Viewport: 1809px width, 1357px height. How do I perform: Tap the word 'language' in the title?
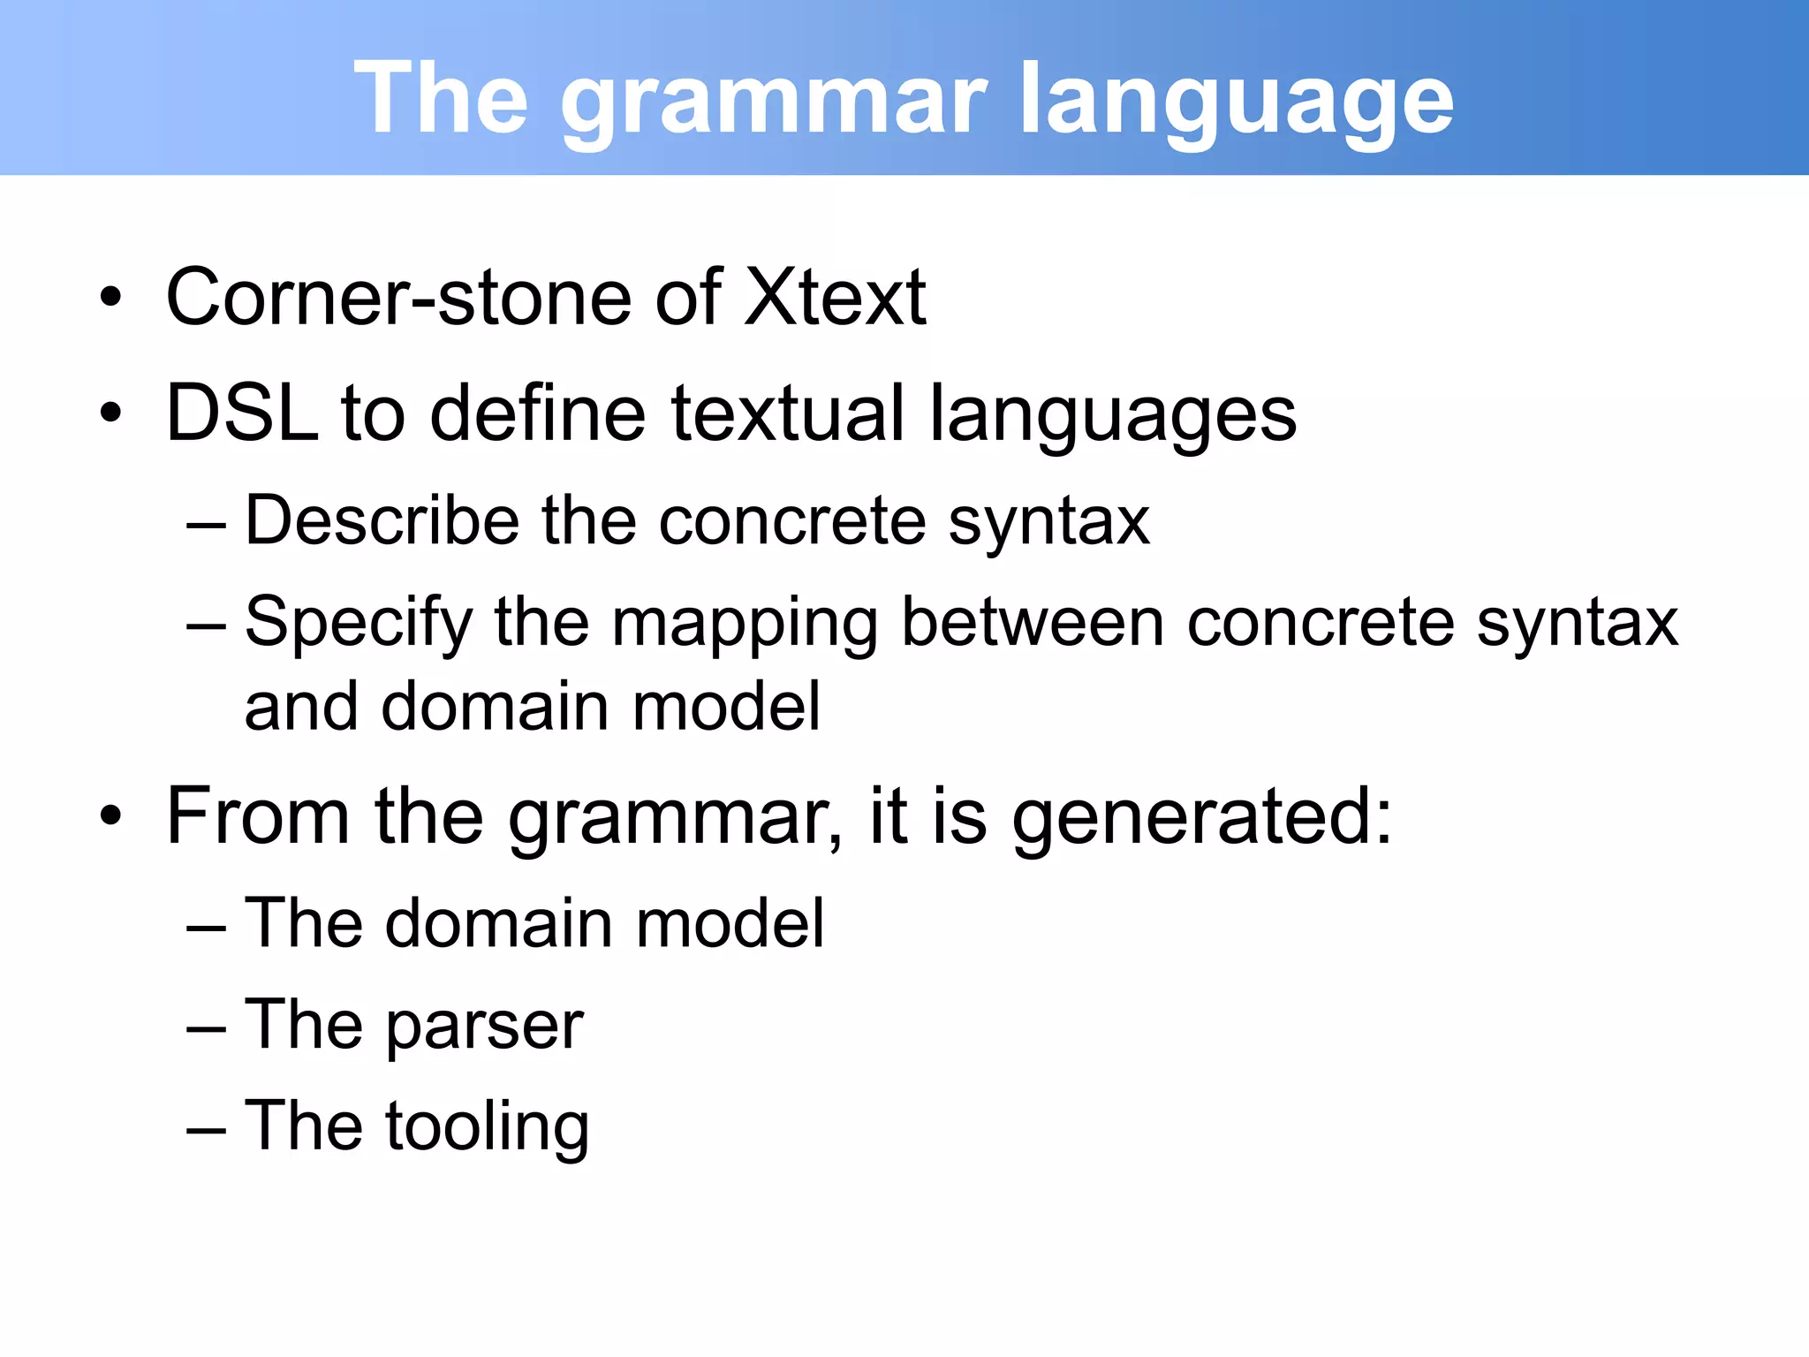point(1236,99)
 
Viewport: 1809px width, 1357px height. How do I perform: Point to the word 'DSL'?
point(241,413)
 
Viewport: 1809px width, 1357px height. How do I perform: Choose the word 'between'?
point(1032,622)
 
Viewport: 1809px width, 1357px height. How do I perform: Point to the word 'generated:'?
point(1201,817)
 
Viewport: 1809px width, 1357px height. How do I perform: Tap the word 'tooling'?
point(487,1128)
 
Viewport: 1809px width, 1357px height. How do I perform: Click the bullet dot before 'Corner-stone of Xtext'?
point(110,299)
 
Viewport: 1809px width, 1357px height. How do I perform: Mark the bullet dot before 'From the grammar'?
point(110,817)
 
